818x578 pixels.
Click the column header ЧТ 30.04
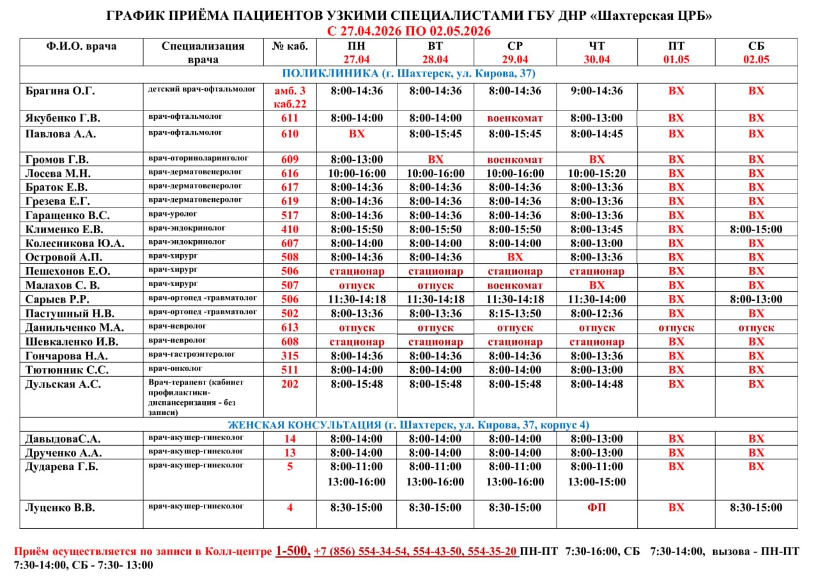[x=596, y=52]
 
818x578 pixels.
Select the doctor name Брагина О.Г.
[x=60, y=91]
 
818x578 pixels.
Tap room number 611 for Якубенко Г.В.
[x=289, y=119]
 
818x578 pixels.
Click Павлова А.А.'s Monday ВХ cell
[x=357, y=134]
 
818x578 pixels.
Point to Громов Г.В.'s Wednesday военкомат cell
[x=514, y=160]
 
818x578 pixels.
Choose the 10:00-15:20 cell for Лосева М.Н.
[x=596, y=174]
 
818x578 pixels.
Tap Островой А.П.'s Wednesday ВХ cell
[x=514, y=257]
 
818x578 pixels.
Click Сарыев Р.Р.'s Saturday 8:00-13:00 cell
[x=756, y=300]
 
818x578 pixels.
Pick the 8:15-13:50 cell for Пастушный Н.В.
[x=514, y=314]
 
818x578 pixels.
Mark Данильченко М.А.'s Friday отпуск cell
[x=676, y=328]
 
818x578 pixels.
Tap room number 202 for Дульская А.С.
[x=289, y=384]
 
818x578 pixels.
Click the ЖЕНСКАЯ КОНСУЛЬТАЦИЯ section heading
[x=408, y=425]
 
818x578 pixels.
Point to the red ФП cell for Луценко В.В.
[x=596, y=508]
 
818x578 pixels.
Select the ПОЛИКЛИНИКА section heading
[x=408, y=73]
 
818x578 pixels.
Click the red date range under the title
[x=408, y=31]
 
